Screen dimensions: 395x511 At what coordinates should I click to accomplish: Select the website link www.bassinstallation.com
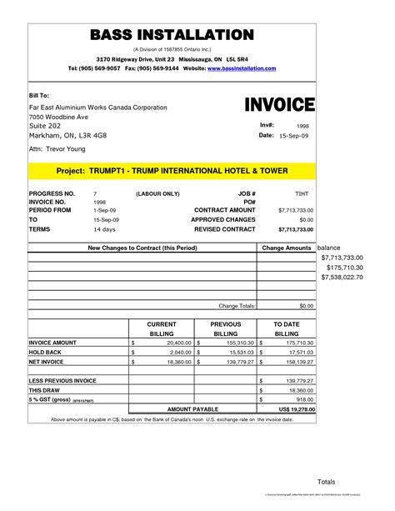(241, 68)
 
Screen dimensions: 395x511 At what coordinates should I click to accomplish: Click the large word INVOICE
(279, 105)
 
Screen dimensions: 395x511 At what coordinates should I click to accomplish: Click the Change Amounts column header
(286, 248)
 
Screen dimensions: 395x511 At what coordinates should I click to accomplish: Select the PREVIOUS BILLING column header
(225, 328)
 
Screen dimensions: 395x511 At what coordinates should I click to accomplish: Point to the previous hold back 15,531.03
(238, 353)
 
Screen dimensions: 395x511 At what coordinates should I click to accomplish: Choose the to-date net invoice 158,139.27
(297, 363)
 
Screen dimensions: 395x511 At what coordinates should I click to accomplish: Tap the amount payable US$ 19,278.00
(291, 409)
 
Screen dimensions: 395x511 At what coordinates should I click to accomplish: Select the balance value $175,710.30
(342, 268)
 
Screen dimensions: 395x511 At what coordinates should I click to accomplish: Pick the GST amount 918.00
(302, 399)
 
